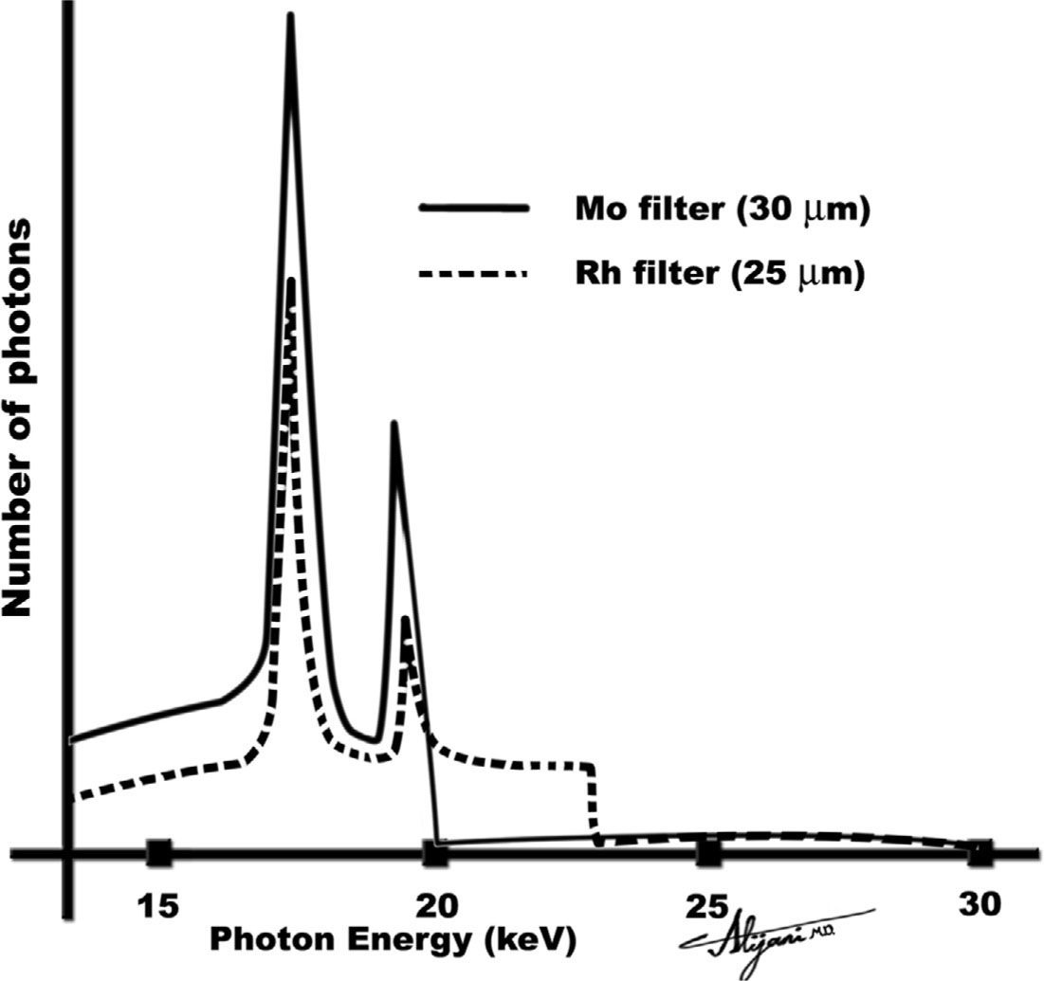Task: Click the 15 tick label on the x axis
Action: (x=158, y=904)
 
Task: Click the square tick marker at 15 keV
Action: (x=158, y=853)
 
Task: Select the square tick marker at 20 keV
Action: (x=435, y=853)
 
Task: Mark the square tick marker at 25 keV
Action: (x=708, y=853)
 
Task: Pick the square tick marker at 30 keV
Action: (x=980, y=853)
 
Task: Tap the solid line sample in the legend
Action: (x=470, y=211)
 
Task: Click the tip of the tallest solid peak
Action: (x=290, y=15)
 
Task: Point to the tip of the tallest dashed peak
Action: (x=291, y=281)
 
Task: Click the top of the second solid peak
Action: (x=394, y=424)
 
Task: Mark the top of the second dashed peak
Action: (x=406, y=620)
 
